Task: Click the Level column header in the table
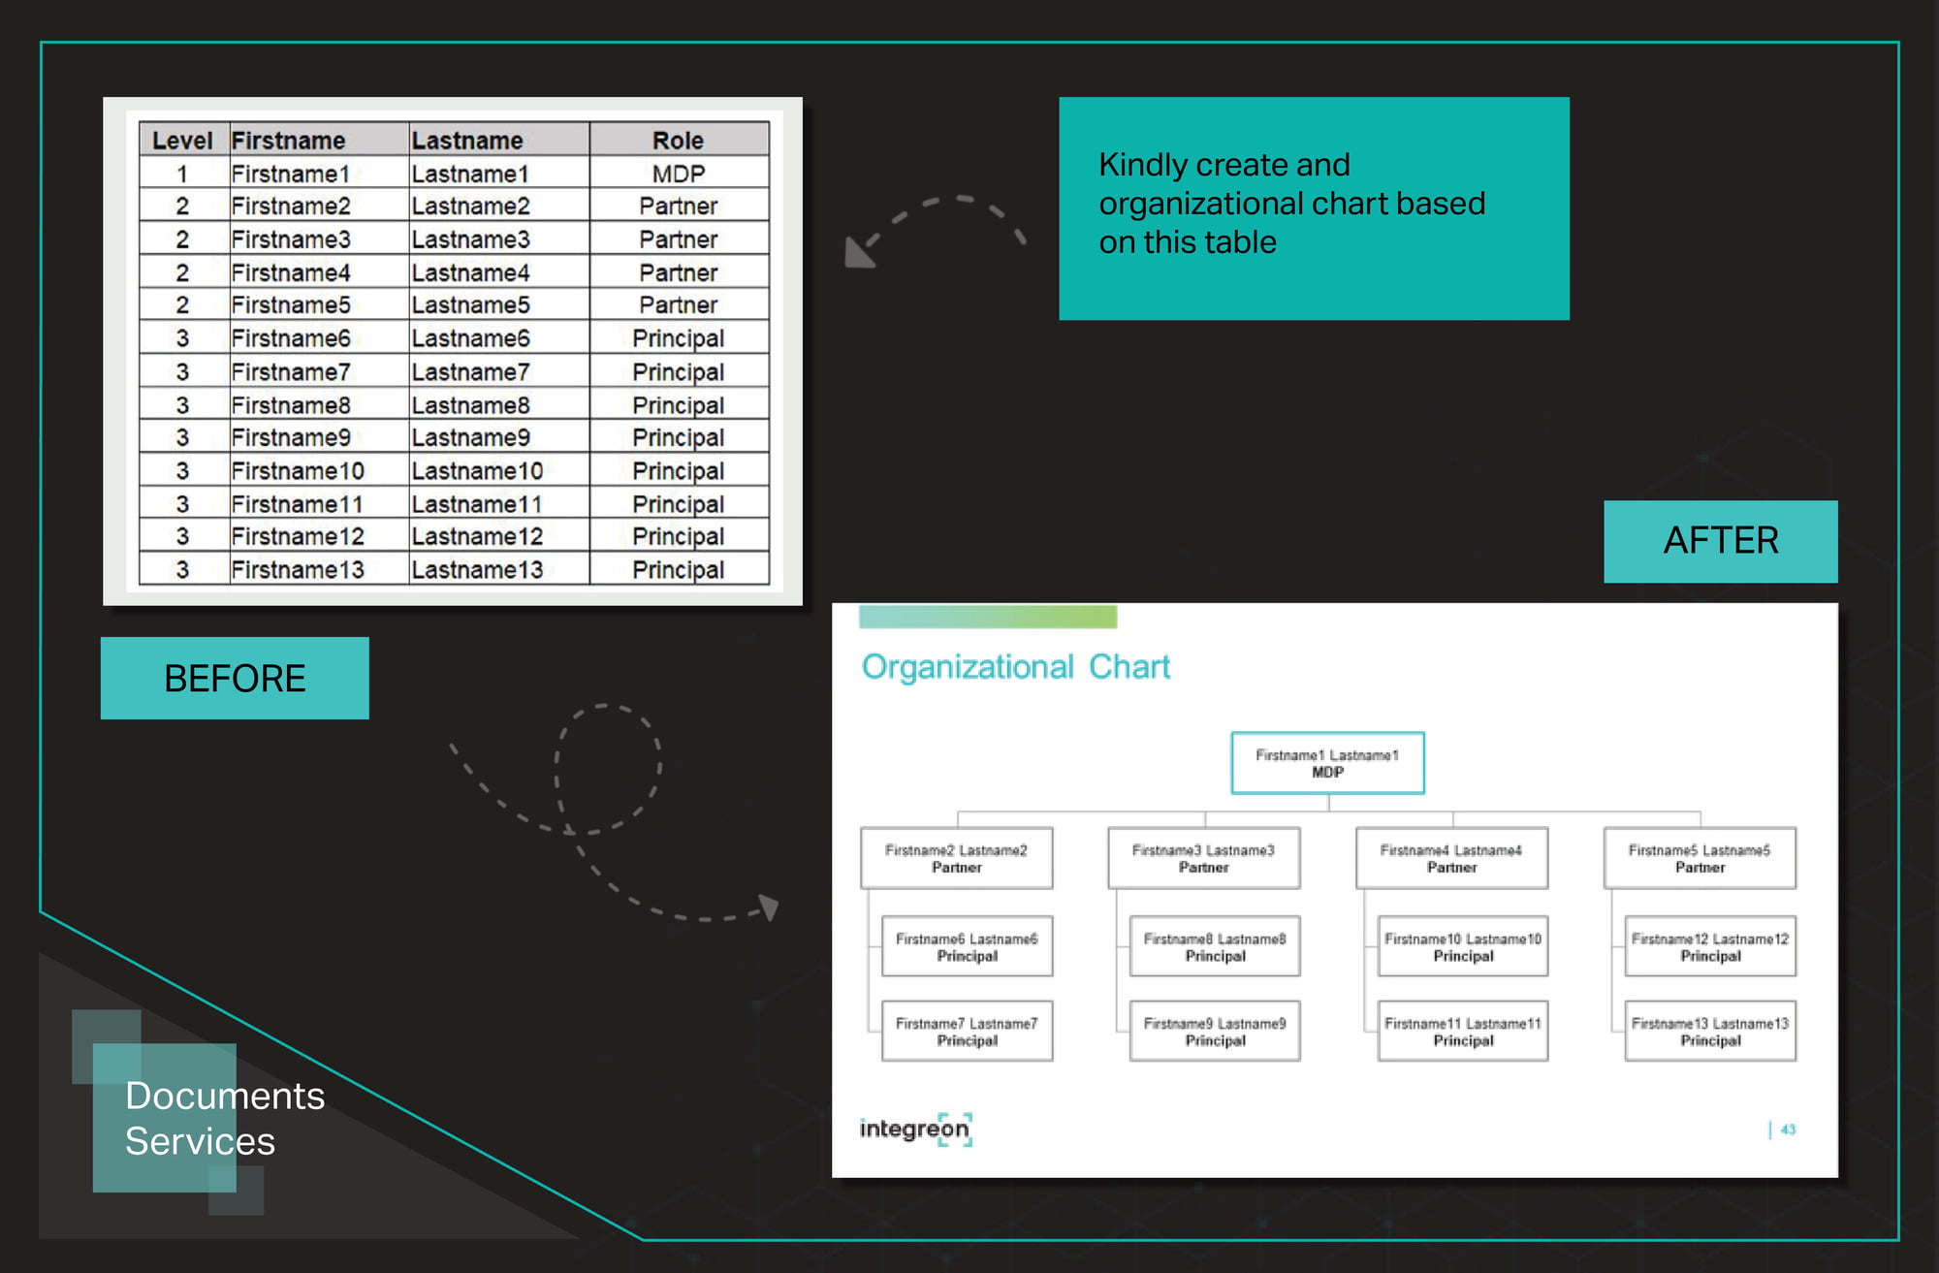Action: pyautogui.click(x=182, y=141)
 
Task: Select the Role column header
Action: pyautogui.click(x=679, y=141)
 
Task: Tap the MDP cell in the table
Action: pyautogui.click(x=679, y=174)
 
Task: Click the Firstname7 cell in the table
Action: pyautogui.click(x=291, y=371)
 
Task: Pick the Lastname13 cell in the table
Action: pyautogui.click(x=477, y=569)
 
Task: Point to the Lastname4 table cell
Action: pyautogui.click(x=470, y=272)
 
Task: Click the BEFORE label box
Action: pyautogui.click(x=235, y=678)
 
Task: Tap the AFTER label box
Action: pyautogui.click(x=1721, y=541)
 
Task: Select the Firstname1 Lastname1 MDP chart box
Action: pyautogui.click(x=1327, y=763)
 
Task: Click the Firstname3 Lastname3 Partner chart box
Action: pyautogui.click(x=1204, y=858)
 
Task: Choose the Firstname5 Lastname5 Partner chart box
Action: pyautogui.click(x=1700, y=858)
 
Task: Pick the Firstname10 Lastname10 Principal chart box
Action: pyautogui.click(x=1463, y=946)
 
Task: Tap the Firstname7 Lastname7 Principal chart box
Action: pyautogui.click(x=967, y=1031)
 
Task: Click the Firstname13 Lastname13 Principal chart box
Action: pyautogui.click(x=1710, y=1031)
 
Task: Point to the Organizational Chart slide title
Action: pyautogui.click(x=1016, y=667)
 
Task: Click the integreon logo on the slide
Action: pyautogui.click(x=915, y=1130)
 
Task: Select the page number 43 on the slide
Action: pyautogui.click(x=1788, y=1130)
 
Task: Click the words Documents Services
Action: pyautogui.click(x=225, y=1118)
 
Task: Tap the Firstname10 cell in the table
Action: pyautogui.click(x=298, y=470)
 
